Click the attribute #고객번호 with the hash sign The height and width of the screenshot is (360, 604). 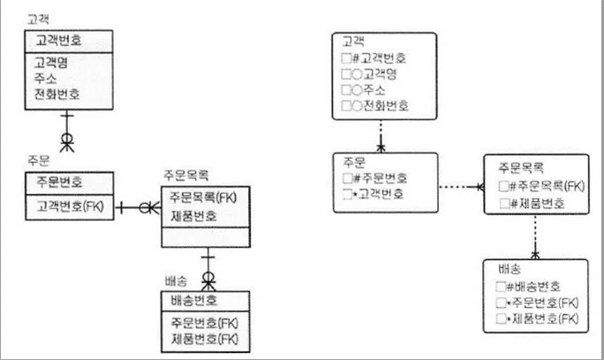380,58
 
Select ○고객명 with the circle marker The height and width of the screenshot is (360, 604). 374,74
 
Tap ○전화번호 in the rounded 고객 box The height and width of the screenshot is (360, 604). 381,106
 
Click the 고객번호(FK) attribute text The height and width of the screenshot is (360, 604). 70,206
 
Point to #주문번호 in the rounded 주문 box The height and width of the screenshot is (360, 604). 381,178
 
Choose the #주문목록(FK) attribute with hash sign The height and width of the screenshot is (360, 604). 547,186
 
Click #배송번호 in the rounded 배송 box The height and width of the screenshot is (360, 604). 533,287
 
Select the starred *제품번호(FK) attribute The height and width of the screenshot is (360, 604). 543,319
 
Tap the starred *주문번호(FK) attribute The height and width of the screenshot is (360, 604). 543,303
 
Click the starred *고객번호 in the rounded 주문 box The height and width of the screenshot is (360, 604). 378,193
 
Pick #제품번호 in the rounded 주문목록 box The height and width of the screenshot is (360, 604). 538,203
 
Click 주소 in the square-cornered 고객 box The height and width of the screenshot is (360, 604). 45,79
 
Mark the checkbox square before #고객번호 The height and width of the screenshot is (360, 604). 346,58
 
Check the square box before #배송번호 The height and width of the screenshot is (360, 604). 501,287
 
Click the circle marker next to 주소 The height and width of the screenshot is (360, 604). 357,90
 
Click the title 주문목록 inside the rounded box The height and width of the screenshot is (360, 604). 521,168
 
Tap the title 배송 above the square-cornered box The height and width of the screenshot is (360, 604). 176,281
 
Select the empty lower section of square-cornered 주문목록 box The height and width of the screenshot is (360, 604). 206,237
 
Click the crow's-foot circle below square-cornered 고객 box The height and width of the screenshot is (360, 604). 67,139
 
